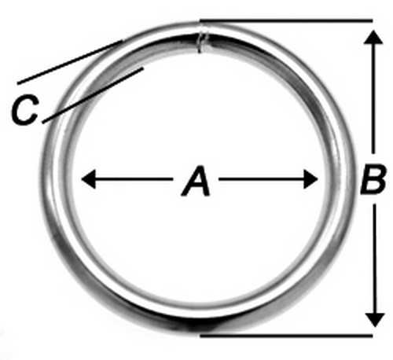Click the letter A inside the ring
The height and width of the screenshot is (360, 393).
click(196, 181)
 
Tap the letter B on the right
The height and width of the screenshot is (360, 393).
click(373, 179)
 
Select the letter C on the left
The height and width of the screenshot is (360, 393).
click(25, 109)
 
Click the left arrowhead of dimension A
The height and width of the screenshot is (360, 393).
click(89, 179)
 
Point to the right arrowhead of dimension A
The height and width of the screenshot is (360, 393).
click(310, 179)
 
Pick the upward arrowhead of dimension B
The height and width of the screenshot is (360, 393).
click(373, 37)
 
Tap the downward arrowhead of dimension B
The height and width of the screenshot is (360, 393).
click(375, 320)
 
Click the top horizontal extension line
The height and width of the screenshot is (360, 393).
click(286, 20)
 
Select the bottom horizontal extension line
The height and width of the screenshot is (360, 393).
click(286, 335)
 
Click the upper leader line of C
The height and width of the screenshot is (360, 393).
click(70, 62)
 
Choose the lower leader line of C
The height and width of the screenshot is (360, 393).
click(93, 95)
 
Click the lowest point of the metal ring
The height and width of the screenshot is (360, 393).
click(198, 332)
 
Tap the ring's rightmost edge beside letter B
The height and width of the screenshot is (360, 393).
click(355, 179)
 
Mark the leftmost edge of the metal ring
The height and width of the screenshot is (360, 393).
click(41, 179)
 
